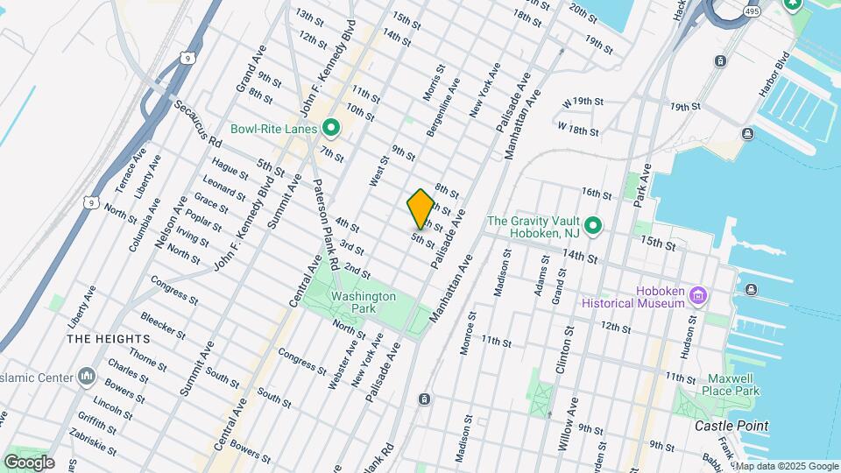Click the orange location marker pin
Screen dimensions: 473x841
pyautogui.click(x=421, y=208)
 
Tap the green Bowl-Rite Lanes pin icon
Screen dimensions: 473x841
pyautogui.click(x=330, y=129)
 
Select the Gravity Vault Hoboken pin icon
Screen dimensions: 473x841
pyautogui.click(x=593, y=226)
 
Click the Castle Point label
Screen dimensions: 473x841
pyautogui.click(x=731, y=426)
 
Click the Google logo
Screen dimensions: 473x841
pyautogui.click(x=29, y=462)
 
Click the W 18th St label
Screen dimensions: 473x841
pyautogui.click(x=578, y=129)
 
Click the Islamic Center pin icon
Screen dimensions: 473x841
pyautogui.click(x=86, y=377)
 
